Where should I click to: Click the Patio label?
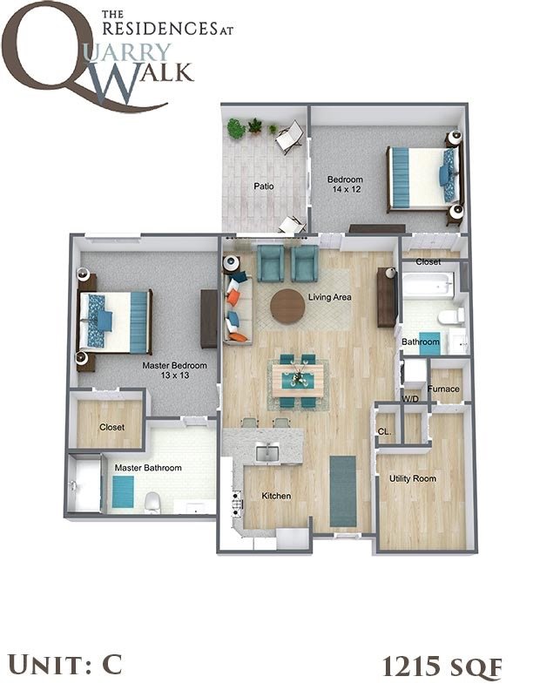(265, 186)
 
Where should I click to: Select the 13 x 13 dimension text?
(174, 375)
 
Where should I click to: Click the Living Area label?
(329, 298)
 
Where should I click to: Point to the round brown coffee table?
(287, 307)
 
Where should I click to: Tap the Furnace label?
(443, 389)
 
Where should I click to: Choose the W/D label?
(410, 399)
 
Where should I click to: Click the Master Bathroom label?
(148, 468)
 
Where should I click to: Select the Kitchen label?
(276, 496)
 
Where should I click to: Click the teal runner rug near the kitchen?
(343, 490)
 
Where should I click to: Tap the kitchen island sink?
(265, 451)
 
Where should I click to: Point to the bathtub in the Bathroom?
(427, 284)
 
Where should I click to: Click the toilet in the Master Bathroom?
(152, 500)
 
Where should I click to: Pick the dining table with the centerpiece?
(298, 377)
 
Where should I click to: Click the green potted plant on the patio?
(236, 129)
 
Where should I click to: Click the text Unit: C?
(63, 664)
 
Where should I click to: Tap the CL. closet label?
(384, 431)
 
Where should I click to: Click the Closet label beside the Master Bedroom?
(111, 427)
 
